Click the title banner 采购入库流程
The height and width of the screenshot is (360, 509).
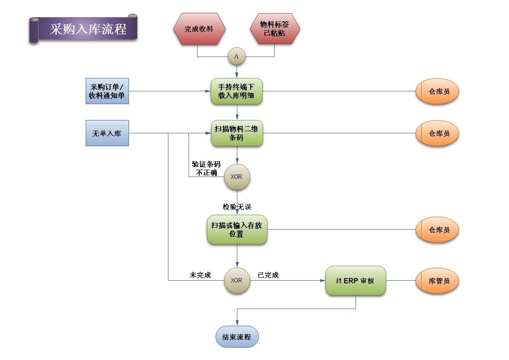coord(88,29)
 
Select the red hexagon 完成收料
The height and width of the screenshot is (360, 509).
coord(199,29)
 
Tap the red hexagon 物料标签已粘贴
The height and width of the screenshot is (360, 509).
coord(275,29)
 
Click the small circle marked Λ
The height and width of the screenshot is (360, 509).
coord(237,57)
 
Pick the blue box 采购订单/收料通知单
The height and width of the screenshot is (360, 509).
coord(107,91)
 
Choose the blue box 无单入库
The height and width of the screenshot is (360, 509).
coord(107,133)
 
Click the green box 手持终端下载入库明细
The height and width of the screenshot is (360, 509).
coord(237,91)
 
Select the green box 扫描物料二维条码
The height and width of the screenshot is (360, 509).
coord(237,133)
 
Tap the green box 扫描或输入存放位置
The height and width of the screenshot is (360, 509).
coord(237,230)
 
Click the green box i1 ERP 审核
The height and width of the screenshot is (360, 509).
coord(356,281)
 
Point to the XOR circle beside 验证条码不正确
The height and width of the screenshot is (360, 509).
coord(237,177)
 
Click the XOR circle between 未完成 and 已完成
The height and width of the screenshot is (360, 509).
coord(237,281)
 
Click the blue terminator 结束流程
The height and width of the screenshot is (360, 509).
coord(237,336)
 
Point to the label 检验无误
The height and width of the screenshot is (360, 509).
coord(237,207)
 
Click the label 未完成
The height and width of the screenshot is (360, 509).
coord(201,275)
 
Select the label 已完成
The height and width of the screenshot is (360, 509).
coord(268,275)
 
